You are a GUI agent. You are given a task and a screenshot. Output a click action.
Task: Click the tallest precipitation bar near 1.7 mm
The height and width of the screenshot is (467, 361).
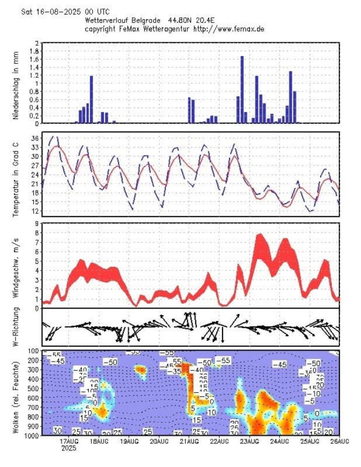coord(242,90)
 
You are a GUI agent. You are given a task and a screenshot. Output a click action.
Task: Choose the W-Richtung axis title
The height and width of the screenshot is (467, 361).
coord(16,327)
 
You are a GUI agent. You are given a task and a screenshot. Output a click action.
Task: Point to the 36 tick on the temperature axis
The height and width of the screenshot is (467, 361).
coord(34,138)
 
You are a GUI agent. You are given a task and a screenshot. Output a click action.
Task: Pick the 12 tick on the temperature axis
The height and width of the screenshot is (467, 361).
coord(34,211)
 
